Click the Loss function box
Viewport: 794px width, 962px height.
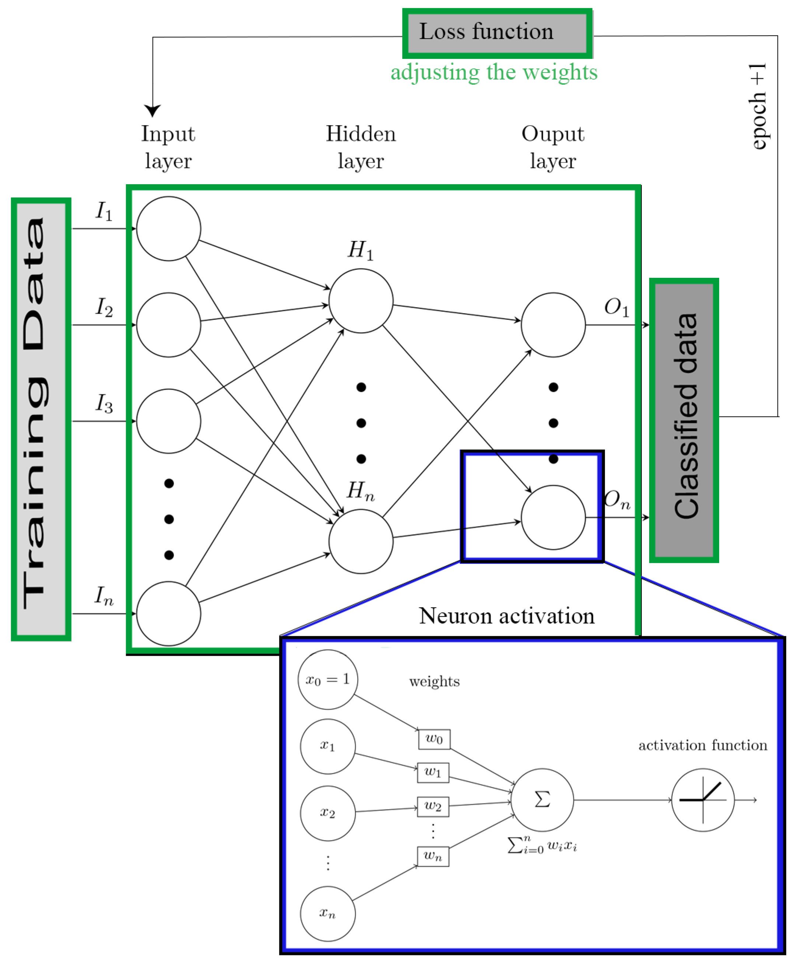[497, 33]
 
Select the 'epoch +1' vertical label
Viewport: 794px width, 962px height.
[758, 106]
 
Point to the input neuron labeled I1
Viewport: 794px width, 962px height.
[168, 228]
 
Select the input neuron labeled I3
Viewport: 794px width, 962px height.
[168, 421]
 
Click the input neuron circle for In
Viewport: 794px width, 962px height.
[168, 613]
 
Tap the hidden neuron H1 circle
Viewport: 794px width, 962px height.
[360, 301]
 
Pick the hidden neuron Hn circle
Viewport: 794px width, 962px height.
[360, 541]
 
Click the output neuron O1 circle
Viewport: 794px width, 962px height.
[553, 325]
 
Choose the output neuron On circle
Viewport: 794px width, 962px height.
[553, 517]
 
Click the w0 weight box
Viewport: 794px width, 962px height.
[434, 739]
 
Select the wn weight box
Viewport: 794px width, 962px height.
[432, 856]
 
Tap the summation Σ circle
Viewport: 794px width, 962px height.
[542, 800]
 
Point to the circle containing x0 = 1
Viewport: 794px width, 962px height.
[328, 679]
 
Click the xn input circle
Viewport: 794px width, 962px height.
[328, 913]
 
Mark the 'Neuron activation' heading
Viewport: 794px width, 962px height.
[506, 616]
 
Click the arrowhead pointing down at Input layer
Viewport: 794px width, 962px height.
[152, 110]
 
